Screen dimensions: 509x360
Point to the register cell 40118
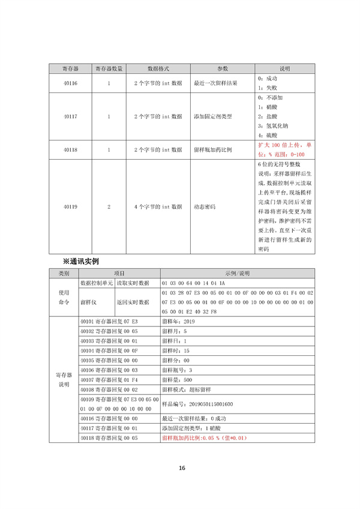click(70, 149)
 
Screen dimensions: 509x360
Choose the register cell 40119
click(70, 206)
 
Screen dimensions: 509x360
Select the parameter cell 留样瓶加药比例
click(213, 149)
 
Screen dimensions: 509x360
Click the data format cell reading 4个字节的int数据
click(158, 206)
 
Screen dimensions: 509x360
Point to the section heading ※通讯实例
click(80, 262)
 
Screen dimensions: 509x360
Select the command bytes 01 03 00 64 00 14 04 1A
click(193, 282)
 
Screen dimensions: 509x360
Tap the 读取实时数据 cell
click(133, 282)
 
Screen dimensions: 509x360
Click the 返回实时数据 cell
click(133, 303)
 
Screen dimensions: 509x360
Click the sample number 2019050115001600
click(197, 404)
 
